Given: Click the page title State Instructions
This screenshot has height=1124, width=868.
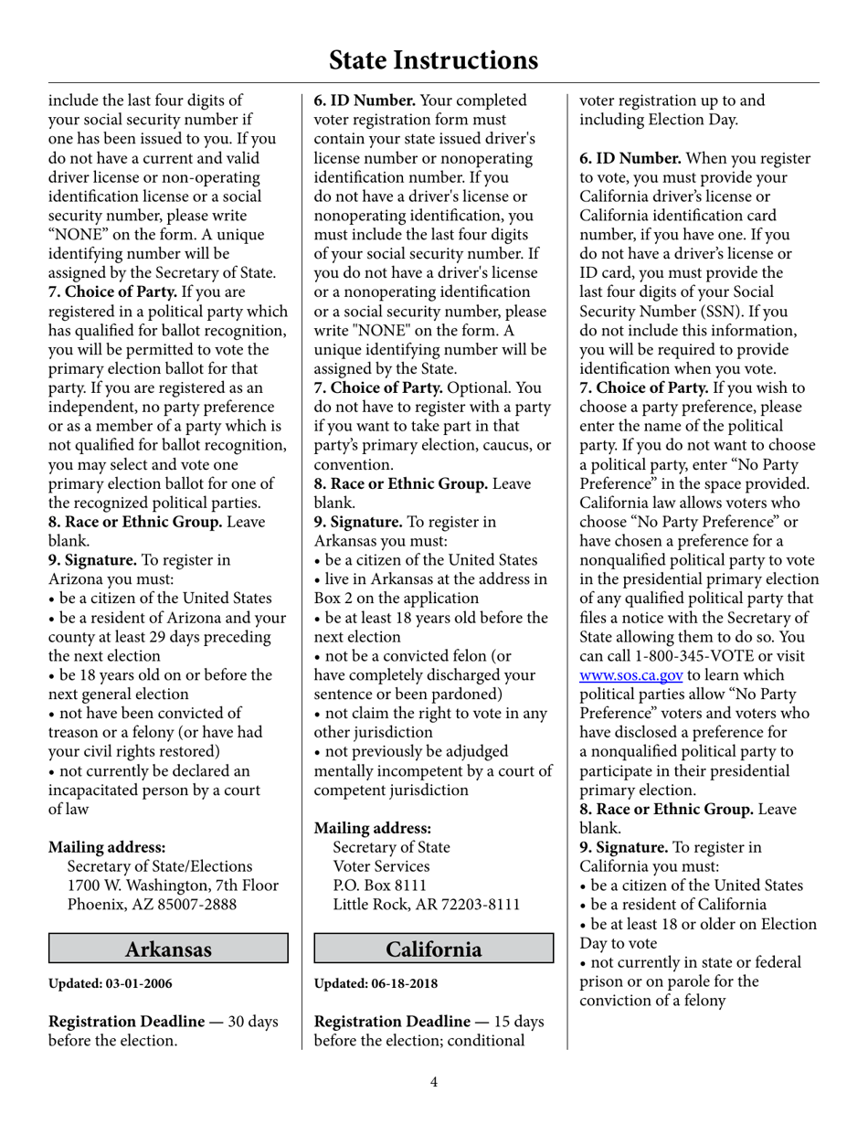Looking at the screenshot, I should click(x=433, y=60).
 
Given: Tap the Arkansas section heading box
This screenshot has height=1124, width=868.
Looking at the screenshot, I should click(x=168, y=949).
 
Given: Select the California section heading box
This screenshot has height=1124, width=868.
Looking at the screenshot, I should click(x=434, y=949).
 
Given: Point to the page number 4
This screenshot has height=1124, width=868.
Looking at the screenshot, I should click(x=434, y=1083).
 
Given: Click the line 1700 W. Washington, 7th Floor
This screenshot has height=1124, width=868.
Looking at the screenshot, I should click(x=173, y=885).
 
